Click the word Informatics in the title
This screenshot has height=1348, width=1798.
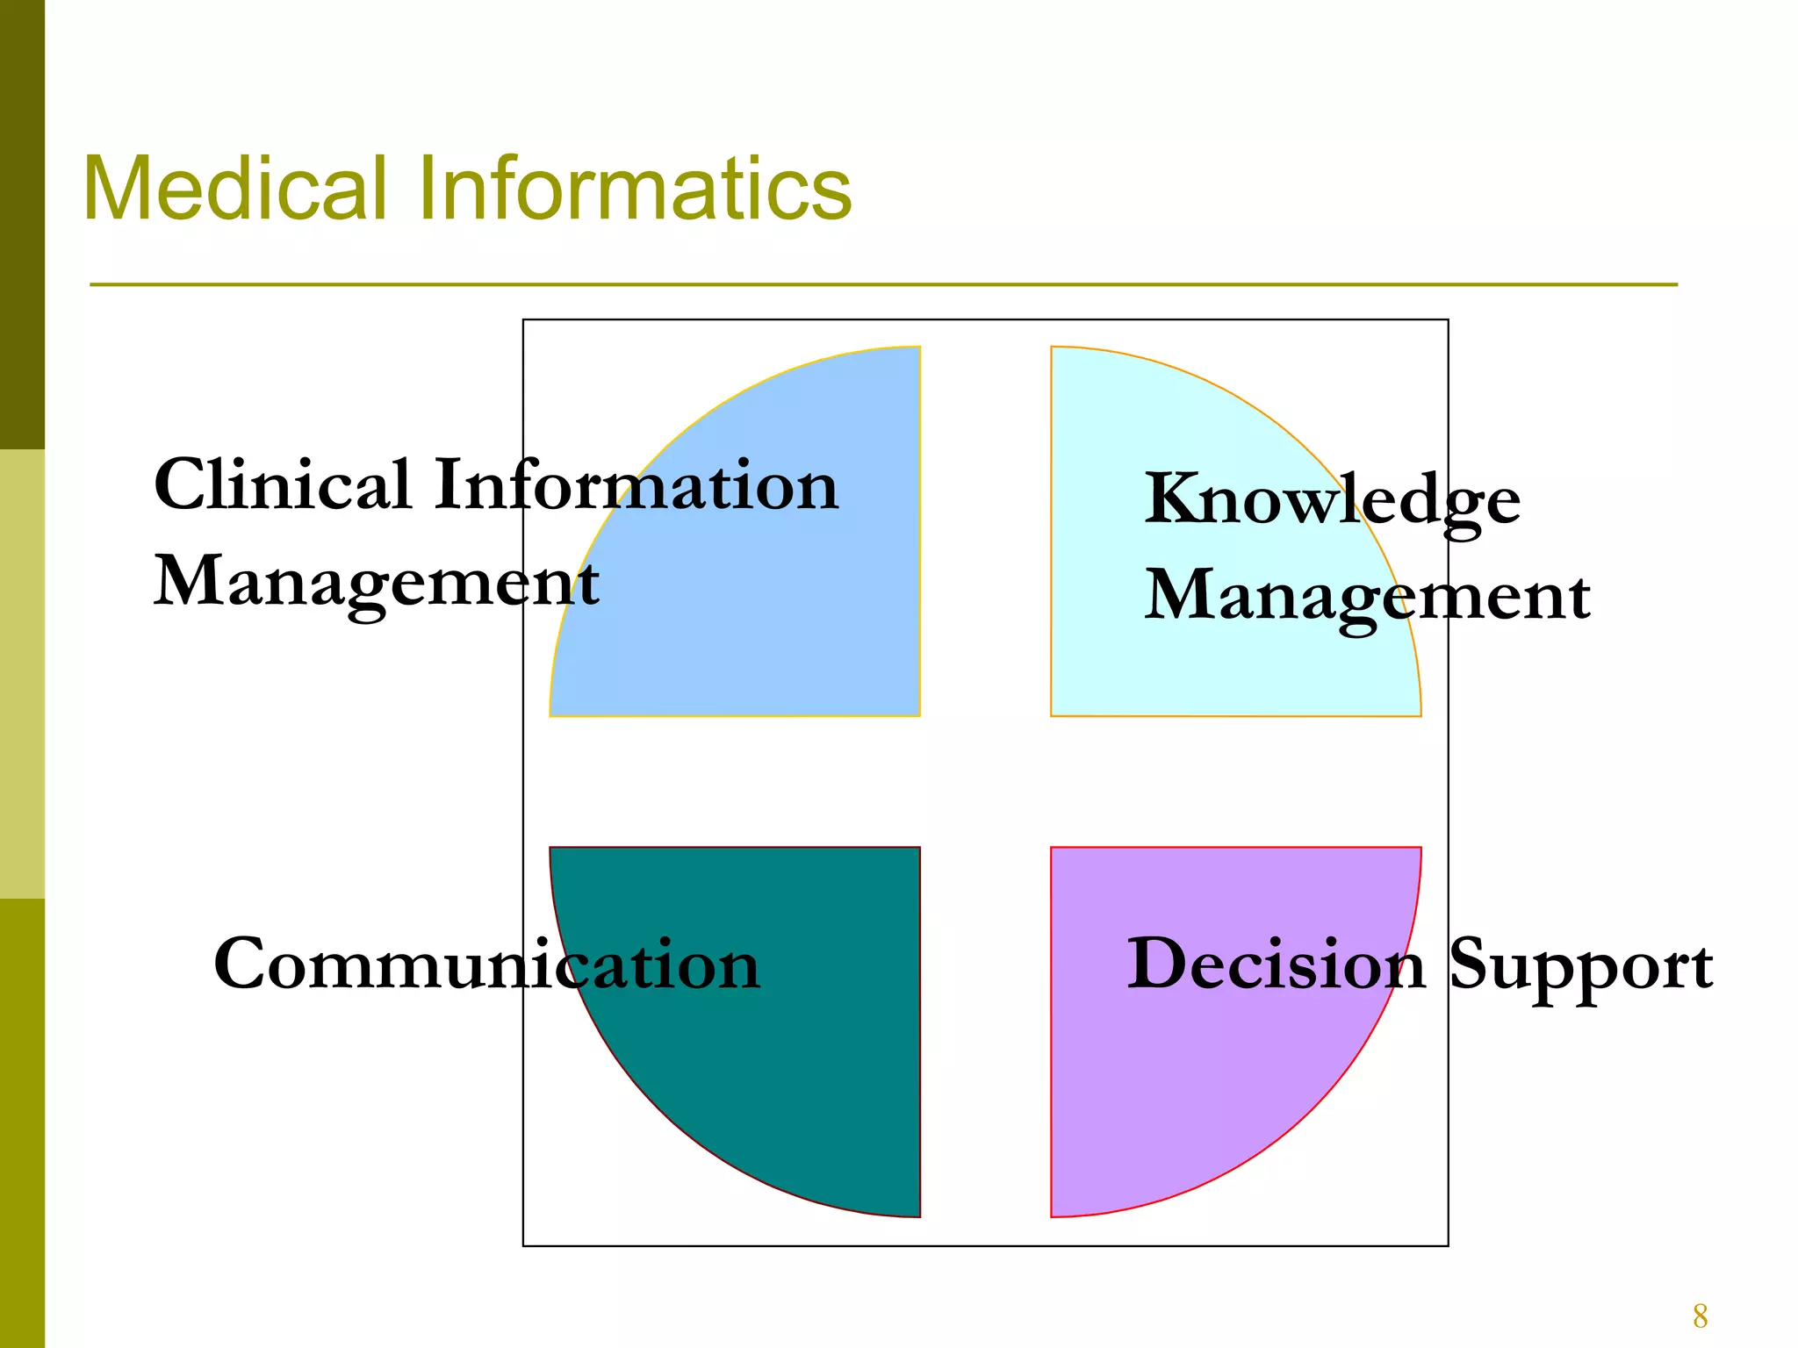coord(634,189)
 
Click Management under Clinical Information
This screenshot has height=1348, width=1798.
coord(377,584)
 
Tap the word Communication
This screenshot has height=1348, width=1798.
coord(486,964)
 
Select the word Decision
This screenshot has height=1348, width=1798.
coord(1276,964)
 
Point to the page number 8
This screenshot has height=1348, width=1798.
coord(1700,1316)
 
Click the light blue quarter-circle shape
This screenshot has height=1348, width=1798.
coord(790,632)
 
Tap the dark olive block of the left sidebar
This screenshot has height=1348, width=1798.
coord(22,224)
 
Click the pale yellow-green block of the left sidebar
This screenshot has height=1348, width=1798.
coord(22,674)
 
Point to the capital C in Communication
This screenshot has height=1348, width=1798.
coord(242,964)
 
